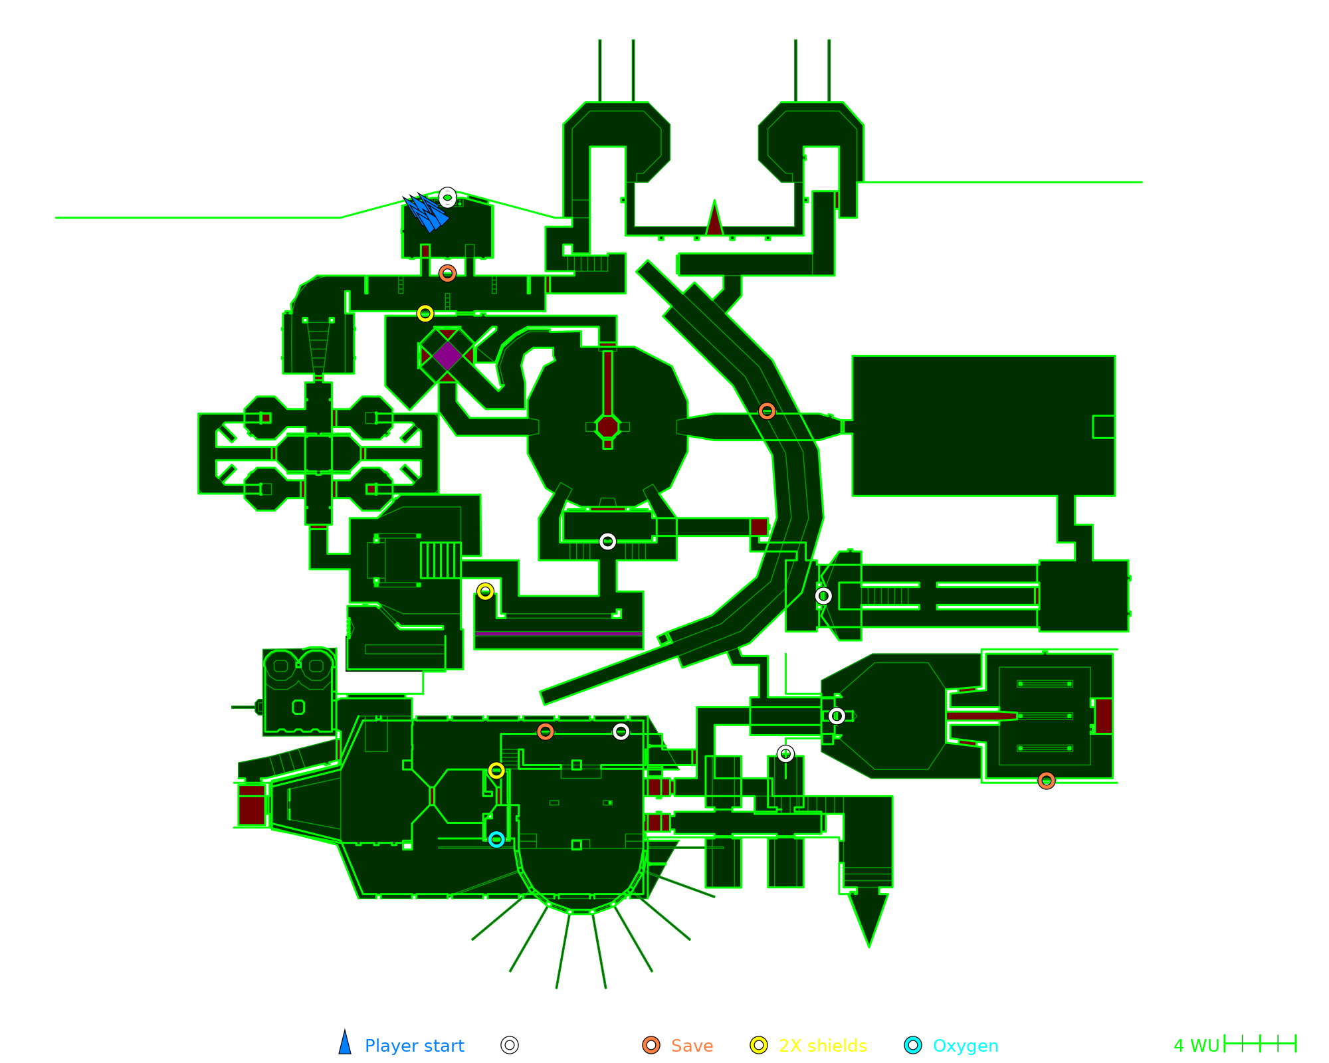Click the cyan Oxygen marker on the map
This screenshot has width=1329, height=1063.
pyautogui.click(x=496, y=839)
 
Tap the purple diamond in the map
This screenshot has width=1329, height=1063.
pyautogui.click(x=447, y=356)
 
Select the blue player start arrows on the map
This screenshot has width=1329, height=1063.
pyautogui.click(x=427, y=213)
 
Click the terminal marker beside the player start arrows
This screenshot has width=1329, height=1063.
pyautogui.click(x=448, y=197)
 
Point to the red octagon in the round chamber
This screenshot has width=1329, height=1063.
pyautogui.click(x=607, y=427)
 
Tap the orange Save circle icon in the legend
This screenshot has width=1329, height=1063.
pyautogui.click(x=651, y=1045)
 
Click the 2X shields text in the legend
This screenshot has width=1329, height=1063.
pyautogui.click(x=823, y=1046)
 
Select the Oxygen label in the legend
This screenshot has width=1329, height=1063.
pyautogui.click(x=966, y=1046)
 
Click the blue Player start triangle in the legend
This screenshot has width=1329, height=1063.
pyautogui.click(x=345, y=1044)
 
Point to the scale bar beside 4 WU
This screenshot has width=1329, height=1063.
pyautogui.click(x=1260, y=1044)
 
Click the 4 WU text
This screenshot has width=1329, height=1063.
pyautogui.click(x=1196, y=1046)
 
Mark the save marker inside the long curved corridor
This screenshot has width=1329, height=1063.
pyautogui.click(x=767, y=411)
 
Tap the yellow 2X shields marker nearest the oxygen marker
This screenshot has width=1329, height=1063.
pyautogui.click(x=496, y=771)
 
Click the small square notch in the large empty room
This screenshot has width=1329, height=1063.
pyautogui.click(x=1104, y=427)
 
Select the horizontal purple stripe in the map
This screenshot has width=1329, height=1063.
pyautogui.click(x=558, y=634)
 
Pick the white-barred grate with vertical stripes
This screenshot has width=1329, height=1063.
pyautogui.click(x=440, y=560)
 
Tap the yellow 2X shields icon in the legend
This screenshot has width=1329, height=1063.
pyautogui.click(x=759, y=1045)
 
